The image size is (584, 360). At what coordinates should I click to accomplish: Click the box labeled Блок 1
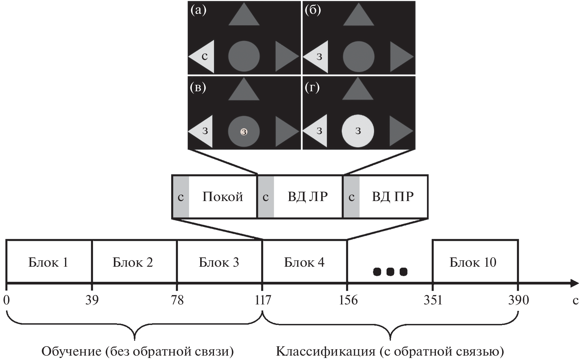tap(49, 262)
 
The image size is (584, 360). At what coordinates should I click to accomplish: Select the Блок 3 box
tap(219, 262)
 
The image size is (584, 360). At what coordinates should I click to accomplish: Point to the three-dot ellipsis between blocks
tap(390, 271)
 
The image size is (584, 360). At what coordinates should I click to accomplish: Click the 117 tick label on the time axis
tap(263, 299)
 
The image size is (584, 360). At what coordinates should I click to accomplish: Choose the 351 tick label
tap(433, 299)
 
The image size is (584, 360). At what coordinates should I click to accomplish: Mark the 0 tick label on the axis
tap(6, 299)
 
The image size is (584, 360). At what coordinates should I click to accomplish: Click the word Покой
tap(222, 197)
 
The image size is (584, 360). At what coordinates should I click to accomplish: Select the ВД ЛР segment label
tap(308, 197)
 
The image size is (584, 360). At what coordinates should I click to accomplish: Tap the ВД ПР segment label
tap(393, 197)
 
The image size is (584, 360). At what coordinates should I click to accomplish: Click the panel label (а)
tap(198, 10)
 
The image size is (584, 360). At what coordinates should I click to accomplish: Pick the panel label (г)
tap(312, 88)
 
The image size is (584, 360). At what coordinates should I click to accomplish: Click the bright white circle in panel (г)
tap(358, 131)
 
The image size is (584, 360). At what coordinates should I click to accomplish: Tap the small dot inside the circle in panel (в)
tap(244, 132)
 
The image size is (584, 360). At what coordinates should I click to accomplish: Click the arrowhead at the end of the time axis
tap(574, 283)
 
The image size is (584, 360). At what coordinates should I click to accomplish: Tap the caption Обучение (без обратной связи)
tap(137, 352)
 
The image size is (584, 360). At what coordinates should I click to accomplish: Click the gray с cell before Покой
tap(181, 197)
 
